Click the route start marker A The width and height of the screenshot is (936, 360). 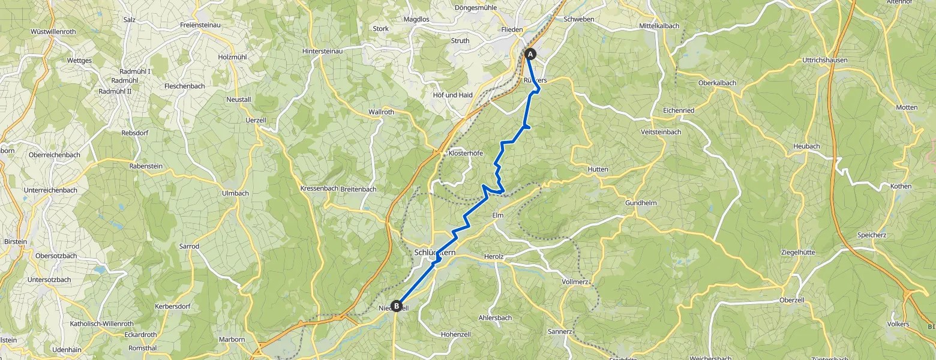[530, 54]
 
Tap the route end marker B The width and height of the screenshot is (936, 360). [396, 306]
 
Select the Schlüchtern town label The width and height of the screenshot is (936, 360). [435, 253]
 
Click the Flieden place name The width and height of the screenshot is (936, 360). [512, 29]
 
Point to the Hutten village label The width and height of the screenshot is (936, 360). [598, 169]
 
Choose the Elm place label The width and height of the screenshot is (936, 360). [497, 215]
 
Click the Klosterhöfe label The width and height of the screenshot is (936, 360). [466, 153]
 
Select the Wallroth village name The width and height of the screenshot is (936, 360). [381, 112]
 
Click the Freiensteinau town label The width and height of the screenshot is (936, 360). [201, 25]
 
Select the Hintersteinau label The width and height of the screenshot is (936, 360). [322, 52]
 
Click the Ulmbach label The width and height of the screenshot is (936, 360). [235, 193]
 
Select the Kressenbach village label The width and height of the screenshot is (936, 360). [319, 188]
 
